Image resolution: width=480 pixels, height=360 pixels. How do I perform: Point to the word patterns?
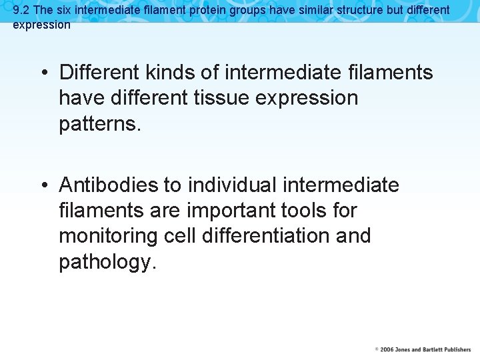point(100,124)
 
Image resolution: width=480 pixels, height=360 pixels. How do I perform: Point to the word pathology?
point(107,263)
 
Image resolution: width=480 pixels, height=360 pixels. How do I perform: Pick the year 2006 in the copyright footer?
point(387,349)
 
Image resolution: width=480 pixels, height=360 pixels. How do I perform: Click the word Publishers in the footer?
point(454,349)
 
